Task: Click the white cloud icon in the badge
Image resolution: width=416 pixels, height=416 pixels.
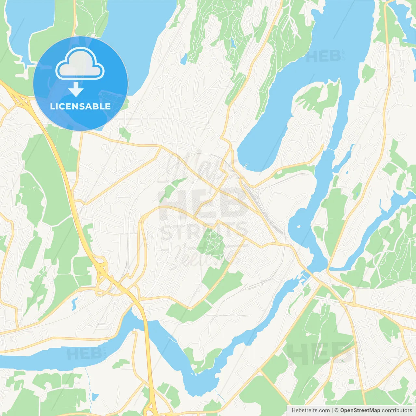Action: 80,64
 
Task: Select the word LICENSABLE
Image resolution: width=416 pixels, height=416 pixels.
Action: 80,106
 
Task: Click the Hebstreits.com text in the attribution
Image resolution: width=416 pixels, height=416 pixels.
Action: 311,410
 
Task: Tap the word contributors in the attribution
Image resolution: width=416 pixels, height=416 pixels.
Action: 397,410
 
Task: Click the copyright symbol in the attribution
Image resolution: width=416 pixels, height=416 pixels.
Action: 337,410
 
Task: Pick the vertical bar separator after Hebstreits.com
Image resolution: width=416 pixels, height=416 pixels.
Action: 332,410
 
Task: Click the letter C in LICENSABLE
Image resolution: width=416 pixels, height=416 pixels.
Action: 61,106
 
